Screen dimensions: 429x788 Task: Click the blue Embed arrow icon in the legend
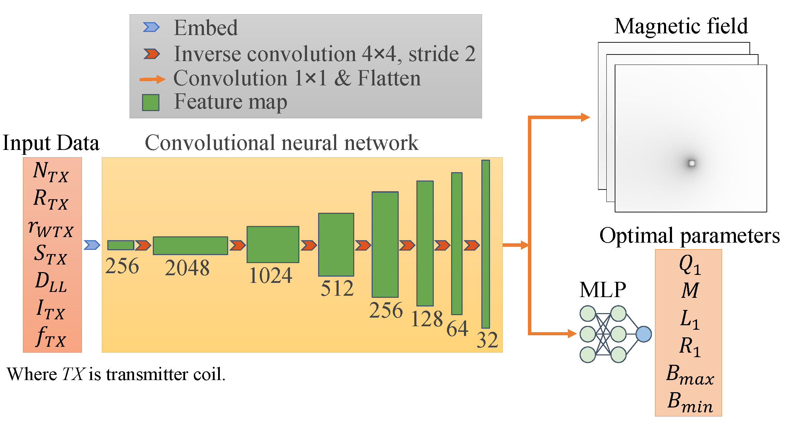tap(151, 27)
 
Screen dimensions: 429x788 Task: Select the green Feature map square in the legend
tap(151, 103)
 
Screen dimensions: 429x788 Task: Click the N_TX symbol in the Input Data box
tap(51, 172)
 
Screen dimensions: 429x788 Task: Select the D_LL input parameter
tap(51, 282)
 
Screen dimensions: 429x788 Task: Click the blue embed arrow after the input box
tap(92, 245)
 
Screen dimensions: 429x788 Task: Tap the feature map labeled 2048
tap(190, 246)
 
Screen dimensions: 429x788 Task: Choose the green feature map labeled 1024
tap(273, 244)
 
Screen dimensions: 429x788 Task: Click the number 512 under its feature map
tap(337, 288)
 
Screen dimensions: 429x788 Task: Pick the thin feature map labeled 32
tap(486, 244)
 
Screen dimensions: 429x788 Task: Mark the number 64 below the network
tap(457, 328)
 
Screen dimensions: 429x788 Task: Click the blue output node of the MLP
tap(644, 334)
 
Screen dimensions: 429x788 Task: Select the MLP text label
tap(603, 290)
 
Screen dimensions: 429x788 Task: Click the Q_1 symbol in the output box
tap(690, 264)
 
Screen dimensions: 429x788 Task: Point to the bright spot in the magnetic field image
tap(692, 163)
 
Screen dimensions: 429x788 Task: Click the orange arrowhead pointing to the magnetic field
tap(585, 117)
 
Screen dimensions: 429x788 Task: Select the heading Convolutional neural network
tap(281, 143)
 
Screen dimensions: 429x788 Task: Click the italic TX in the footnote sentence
tap(73, 374)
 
